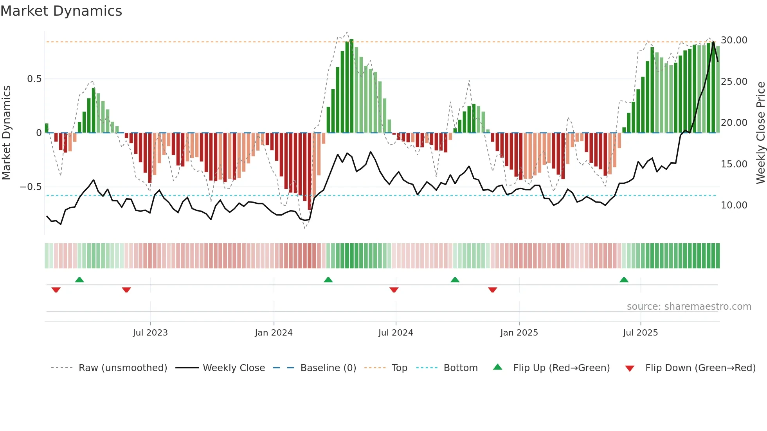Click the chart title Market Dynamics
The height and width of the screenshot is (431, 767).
(61, 11)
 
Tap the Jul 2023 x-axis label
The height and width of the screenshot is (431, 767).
(150, 333)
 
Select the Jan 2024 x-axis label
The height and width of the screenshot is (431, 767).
(274, 333)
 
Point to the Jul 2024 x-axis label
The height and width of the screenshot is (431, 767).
(396, 333)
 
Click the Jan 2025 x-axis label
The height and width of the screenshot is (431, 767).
(519, 333)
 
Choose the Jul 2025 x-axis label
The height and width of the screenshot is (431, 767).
(640, 333)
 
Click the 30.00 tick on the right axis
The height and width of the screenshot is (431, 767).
(734, 40)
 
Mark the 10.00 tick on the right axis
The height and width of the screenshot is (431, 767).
(734, 205)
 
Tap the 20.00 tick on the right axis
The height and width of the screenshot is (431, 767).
(734, 123)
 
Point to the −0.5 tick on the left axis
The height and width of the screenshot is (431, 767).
(31, 187)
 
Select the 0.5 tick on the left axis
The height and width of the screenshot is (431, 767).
(34, 79)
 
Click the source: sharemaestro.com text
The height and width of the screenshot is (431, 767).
(689, 307)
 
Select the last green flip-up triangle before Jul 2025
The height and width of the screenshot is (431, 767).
(624, 280)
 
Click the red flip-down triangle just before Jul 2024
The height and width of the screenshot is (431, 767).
(394, 290)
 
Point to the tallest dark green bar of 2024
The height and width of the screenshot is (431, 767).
(351, 86)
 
